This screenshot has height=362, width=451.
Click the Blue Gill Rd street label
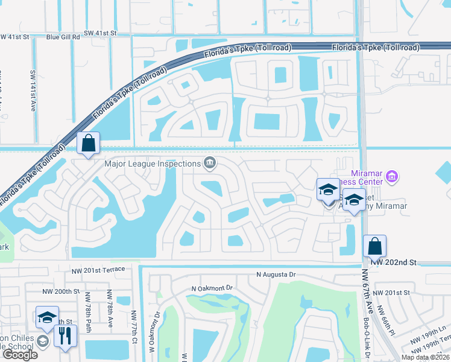tap(63, 37)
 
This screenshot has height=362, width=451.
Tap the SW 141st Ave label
tap(33, 91)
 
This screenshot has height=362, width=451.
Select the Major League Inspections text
tap(153, 164)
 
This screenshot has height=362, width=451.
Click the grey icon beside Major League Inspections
tap(209, 163)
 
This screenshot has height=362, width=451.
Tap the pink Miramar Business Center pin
tap(392, 176)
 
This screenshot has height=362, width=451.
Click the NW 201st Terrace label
tap(97, 268)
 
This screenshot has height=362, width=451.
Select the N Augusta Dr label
tap(276, 275)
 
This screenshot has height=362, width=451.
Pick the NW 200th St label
tap(61, 291)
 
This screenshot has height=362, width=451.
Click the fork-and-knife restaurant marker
tap(65, 335)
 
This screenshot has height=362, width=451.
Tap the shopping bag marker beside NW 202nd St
tap(374, 246)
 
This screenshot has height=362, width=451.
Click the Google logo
tap(20, 355)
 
